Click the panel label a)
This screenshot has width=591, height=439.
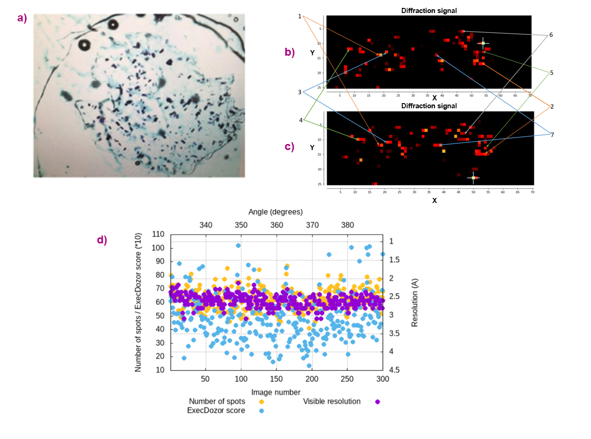click(22, 18)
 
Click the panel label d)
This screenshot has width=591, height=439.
click(102, 240)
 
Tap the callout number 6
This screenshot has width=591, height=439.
click(551, 35)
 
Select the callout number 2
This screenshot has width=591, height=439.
click(552, 106)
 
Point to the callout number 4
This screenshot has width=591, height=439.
click(301, 120)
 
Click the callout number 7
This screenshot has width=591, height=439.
click(552, 135)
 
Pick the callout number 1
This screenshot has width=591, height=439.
click(300, 16)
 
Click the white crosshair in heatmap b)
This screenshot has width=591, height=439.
click(483, 43)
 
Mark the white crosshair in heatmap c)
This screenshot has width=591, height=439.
click(473, 177)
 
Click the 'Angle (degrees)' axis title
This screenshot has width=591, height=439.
click(276, 212)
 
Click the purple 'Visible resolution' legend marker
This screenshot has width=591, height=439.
click(377, 401)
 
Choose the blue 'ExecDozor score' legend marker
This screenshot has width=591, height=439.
click(262, 411)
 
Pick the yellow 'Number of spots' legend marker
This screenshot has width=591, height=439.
click(262, 401)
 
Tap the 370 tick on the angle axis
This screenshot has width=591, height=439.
click(312, 225)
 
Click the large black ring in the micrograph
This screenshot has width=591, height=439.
click(85, 45)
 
